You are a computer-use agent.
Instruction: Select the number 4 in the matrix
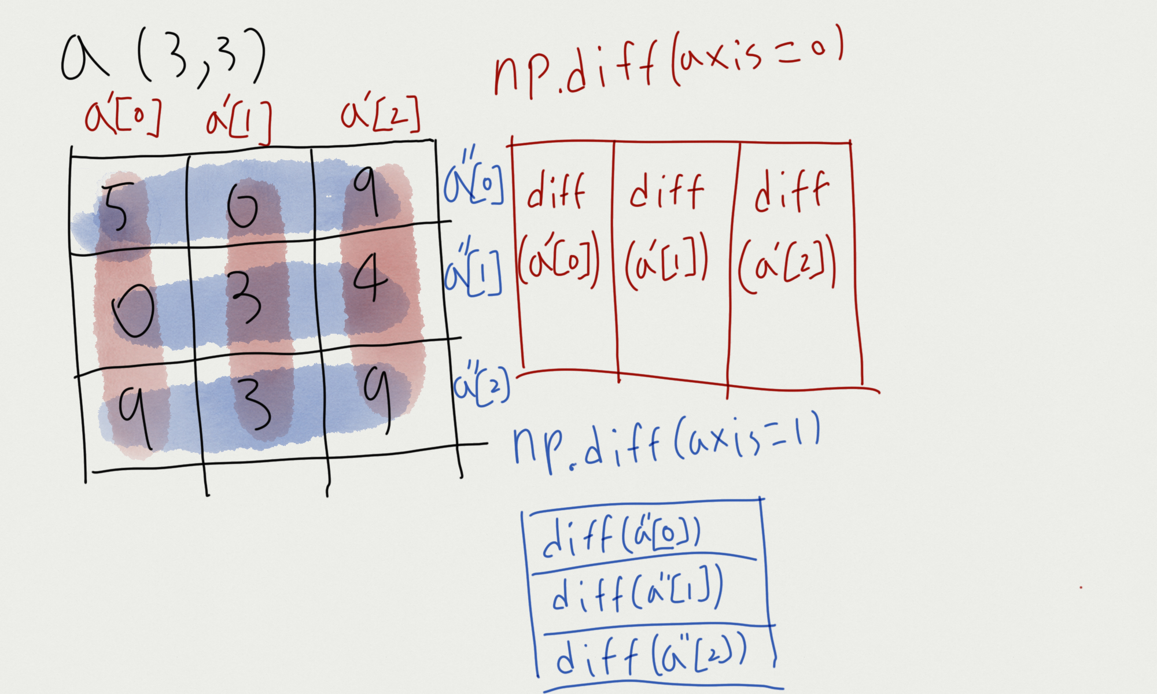tap(370, 279)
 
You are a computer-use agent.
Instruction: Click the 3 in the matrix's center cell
tap(245, 298)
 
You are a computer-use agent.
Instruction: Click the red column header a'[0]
tap(123, 117)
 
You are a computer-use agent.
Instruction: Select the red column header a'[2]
tap(380, 115)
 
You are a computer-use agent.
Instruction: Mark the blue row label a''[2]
tap(480, 385)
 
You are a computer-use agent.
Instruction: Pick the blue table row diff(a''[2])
tap(651, 656)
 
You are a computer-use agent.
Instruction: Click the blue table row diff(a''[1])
tap(636, 592)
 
